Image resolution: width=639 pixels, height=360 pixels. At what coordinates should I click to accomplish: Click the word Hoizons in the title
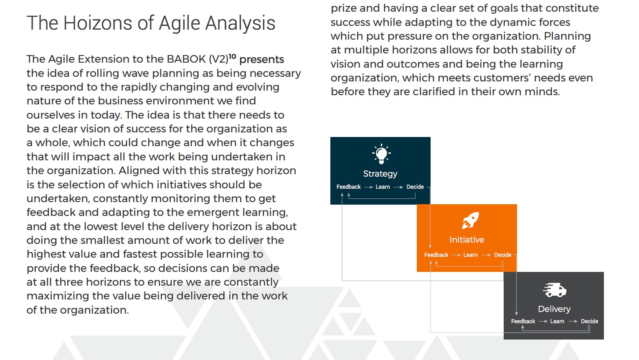point(98,23)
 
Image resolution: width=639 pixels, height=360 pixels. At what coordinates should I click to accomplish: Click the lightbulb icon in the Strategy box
point(381,154)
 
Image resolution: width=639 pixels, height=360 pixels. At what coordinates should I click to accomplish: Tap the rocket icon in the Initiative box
point(470,220)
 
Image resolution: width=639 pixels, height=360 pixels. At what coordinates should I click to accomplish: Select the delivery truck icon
point(555,290)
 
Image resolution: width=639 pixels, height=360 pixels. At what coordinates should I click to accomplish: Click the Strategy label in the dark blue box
point(380,174)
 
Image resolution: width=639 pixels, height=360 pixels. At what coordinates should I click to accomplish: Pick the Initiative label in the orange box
point(467,240)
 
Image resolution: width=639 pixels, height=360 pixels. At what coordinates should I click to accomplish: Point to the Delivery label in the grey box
point(554,309)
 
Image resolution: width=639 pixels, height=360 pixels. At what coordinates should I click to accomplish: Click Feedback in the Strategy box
point(349,187)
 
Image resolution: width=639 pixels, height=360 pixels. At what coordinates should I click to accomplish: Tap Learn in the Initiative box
point(470,255)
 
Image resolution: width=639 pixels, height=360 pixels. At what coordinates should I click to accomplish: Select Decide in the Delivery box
point(590,321)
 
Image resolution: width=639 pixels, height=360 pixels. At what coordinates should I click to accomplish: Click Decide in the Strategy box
point(415,187)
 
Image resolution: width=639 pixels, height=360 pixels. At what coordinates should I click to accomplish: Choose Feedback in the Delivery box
point(523,321)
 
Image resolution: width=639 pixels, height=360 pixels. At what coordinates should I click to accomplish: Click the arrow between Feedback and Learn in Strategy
point(368,187)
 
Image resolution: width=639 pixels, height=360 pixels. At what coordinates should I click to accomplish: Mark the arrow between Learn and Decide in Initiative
point(486,255)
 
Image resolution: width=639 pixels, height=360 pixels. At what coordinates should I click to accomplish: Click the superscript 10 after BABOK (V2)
point(232,56)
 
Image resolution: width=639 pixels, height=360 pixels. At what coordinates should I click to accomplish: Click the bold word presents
point(261,60)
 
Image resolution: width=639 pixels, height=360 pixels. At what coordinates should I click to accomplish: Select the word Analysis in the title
point(240,23)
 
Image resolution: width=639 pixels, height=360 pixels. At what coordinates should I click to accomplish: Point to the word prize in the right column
point(343,8)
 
